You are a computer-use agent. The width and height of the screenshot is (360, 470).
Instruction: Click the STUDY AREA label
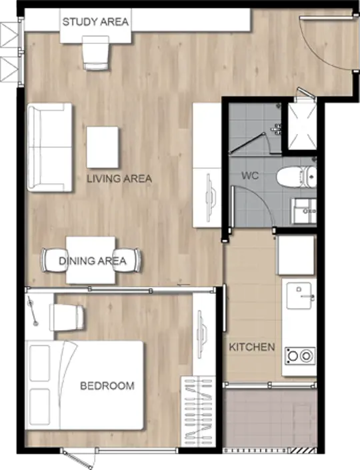pyautogui.click(x=95, y=21)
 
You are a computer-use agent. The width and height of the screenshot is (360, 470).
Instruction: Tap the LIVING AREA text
pyautogui.click(x=119, y=179)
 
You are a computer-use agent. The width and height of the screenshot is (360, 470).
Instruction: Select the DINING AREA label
pyautogui.click(x=92, y=261)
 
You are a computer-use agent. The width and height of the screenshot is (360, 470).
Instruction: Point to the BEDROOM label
pyautogui.click(x=107, y=385)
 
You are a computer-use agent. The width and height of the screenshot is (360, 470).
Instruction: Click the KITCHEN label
pyautogui.click(x=252, y=347)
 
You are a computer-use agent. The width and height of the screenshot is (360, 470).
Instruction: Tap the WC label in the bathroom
pyautogui.click(x=250, y=175)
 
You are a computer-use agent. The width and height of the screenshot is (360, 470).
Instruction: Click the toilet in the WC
pyautogui.click(x=296, y=177)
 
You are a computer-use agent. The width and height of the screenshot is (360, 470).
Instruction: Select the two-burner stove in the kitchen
pyautogui.click(x=300, y=356)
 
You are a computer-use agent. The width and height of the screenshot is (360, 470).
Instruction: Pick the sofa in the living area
pyautogui.click(x=50, y=147)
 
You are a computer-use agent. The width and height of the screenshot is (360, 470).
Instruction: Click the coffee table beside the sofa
pyautogui.click(x=103, y=147)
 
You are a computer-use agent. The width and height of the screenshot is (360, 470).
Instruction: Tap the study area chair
pyautogui.click(x=95, y=53)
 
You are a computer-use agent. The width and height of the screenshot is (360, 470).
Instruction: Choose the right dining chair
pyautogui.click(x=128, y=260)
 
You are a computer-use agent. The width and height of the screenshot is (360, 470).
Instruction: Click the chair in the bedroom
pyautogui.click(x=67, y=318)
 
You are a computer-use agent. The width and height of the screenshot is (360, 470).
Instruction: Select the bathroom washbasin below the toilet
pyautogui.click(x=304, y=211)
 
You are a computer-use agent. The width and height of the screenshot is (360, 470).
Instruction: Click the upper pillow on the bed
pyautogui.click(x=39, y=363)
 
